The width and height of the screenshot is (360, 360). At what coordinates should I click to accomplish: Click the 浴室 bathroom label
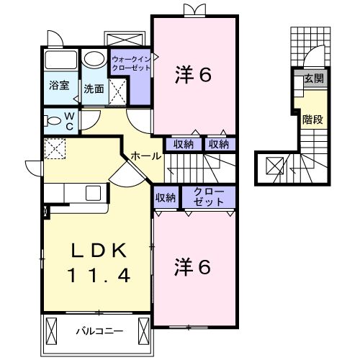pyautogui.click(x=59, y=85)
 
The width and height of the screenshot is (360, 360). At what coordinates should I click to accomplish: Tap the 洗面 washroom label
pyautogui.click(x=92, y=89)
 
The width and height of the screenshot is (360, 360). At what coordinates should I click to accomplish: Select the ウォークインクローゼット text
pyautogui.click(x=130, y=62)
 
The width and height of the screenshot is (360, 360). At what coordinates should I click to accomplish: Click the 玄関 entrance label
pyautogui.click(x=312, y=78)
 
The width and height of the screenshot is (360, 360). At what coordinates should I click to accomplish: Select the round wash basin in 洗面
pyautogui.click(x=92, y=59)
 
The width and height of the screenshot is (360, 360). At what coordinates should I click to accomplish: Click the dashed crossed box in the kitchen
pyautogui.click(x=55, y=150)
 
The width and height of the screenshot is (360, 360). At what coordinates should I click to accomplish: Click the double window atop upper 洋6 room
pyautogui.click(x=193, y=10)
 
